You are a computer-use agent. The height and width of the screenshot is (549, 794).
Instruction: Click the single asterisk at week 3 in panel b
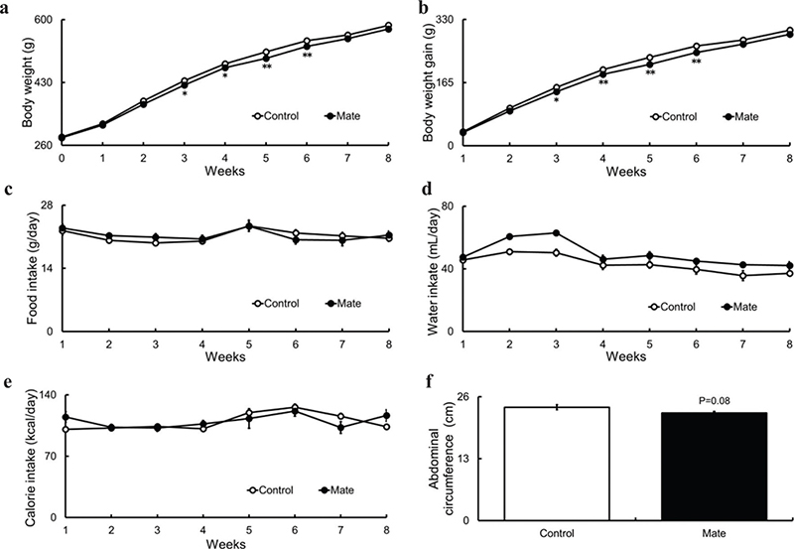pos(556,101)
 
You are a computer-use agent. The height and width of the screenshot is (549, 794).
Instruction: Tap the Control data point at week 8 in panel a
pos(387,26)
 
